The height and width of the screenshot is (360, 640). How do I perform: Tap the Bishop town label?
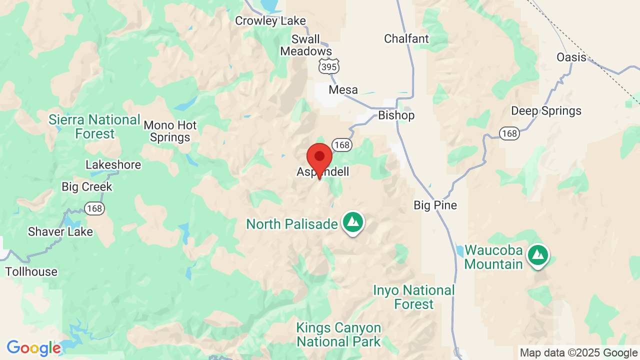[396, 115]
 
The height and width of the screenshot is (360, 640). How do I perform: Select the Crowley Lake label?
[270, 20]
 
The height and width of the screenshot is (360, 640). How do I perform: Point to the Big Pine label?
[435, 205]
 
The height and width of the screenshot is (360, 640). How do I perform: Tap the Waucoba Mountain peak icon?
[537, 255]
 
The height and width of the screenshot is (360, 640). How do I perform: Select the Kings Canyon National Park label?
[338, 335]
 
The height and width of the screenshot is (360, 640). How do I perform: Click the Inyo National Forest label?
[414, 297]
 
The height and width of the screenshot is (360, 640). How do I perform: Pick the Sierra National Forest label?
[94, 126]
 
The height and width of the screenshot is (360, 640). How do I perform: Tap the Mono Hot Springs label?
[170, 131]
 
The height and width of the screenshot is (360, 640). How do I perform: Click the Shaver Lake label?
[60, 231]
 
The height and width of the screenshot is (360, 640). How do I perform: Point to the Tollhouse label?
[31, 271]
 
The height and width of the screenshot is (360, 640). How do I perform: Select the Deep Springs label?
[546, 110]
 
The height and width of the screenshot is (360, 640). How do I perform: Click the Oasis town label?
[571, 57]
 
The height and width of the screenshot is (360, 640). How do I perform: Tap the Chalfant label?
[406, 38]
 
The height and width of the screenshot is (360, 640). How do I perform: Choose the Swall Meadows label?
[305, 45]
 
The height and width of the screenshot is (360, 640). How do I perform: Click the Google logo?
[33, 348]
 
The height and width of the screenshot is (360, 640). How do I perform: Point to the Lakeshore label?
[113, 164]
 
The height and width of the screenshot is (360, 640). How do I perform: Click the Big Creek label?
[87, 186]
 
